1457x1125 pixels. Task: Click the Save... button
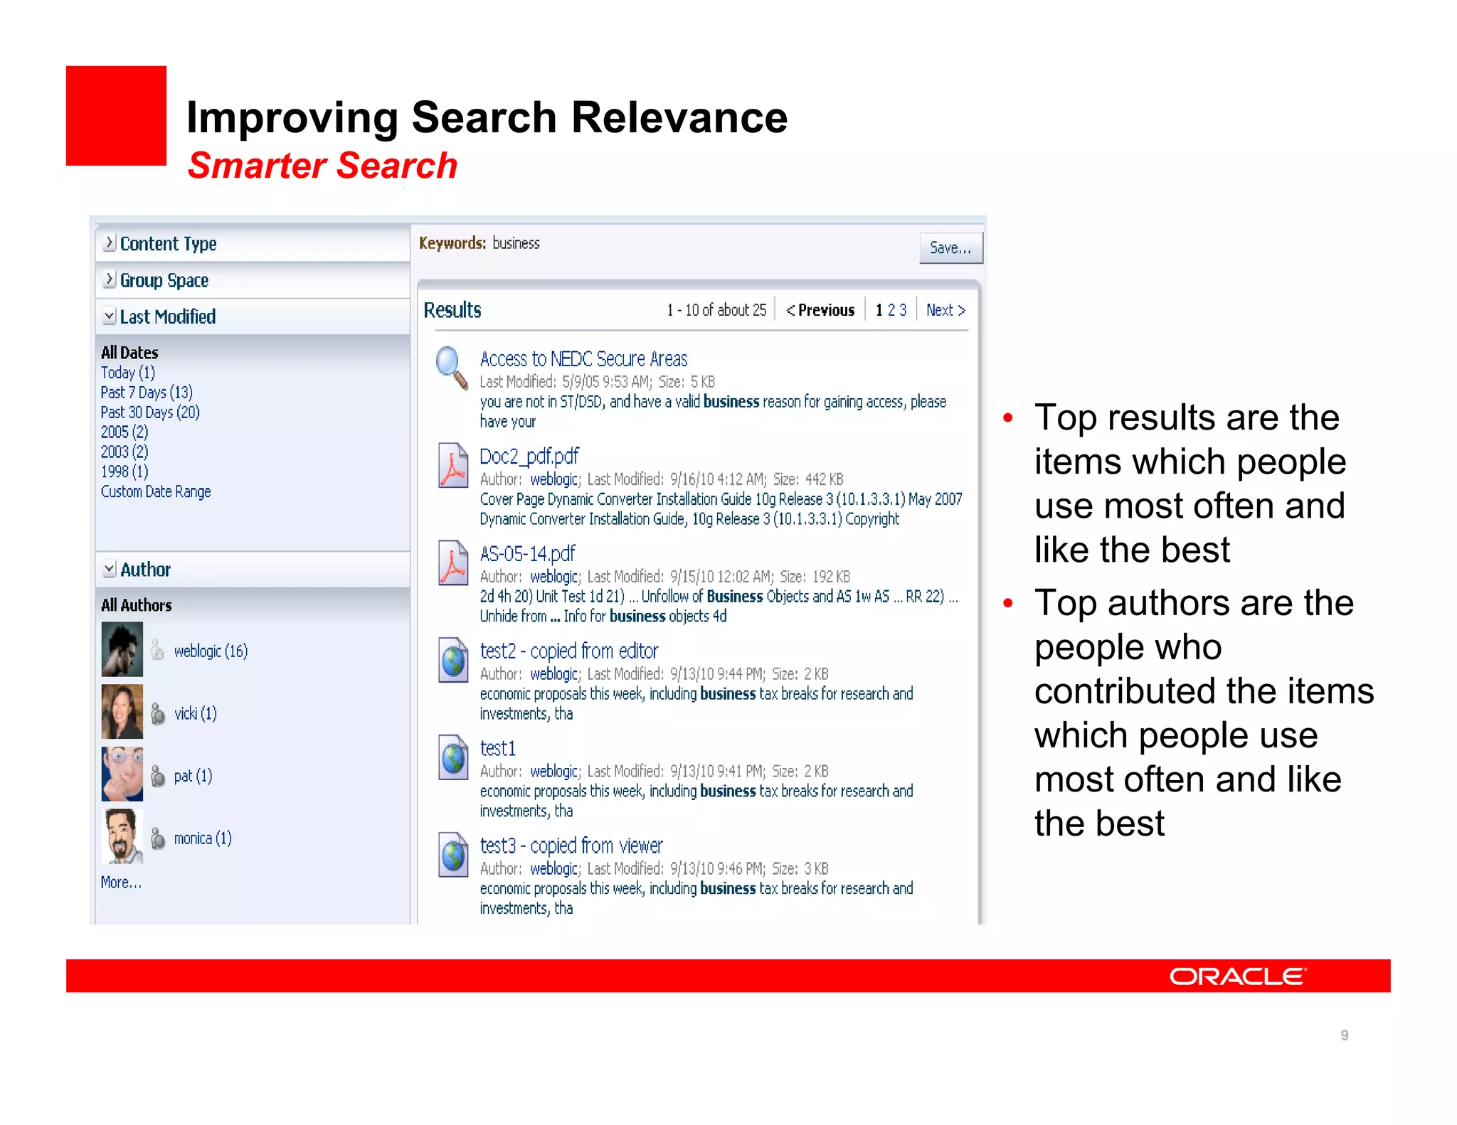tap(950, 248)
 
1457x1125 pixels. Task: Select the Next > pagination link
tap(945, 310)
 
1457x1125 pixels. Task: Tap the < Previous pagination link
tap(820, 310)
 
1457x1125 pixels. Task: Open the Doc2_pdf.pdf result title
tap(529, 457)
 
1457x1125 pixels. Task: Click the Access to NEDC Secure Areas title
tap(583, 359)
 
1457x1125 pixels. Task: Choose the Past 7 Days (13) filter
tap(147, 393)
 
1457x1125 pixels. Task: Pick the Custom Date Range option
tap(156, 491)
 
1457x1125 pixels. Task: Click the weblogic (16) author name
tap(211, 651)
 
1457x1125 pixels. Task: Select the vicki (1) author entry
tap(195, 713)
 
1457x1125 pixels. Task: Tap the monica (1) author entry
tap(203, 838)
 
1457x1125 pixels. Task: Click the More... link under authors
tap(121, 883)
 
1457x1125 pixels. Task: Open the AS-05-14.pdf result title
tap(527, 554)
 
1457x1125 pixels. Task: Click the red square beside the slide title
tap(116, 116)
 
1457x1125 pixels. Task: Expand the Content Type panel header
tap(168, 244)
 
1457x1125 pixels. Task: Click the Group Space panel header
tap(164, 281)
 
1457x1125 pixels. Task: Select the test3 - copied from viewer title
tap(571, 846)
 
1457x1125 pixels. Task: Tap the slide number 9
tap(1345, 1035)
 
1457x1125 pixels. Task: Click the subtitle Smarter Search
tap(322, 166)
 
